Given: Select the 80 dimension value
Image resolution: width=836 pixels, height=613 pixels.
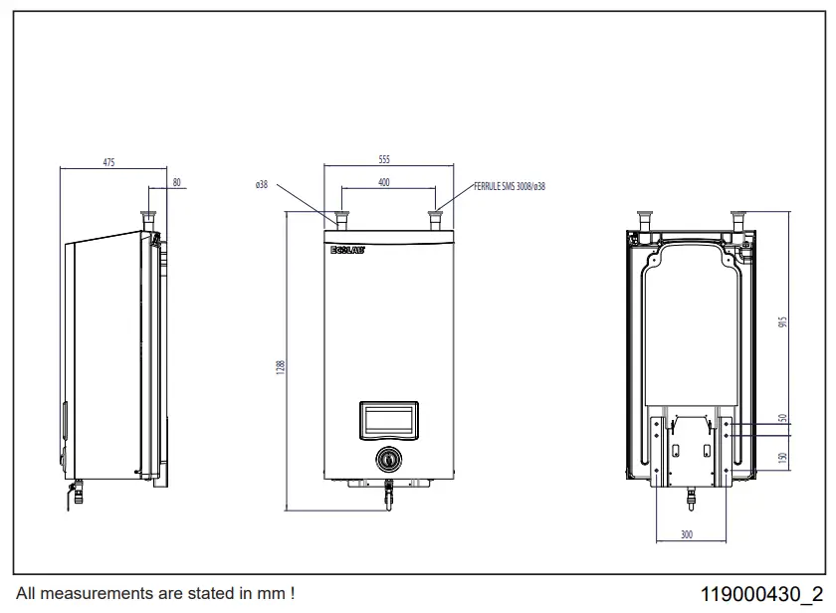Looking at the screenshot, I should [177, 182].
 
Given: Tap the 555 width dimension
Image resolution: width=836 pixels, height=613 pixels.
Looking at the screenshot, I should [384, 159].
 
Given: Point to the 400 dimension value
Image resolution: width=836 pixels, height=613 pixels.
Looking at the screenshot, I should [384, 182].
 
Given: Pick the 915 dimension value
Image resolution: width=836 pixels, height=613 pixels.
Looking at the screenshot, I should [782, 326].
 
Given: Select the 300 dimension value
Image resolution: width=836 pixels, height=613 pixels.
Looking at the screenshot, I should [686, 535].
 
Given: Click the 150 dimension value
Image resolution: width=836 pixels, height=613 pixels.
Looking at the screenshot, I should [782, 458].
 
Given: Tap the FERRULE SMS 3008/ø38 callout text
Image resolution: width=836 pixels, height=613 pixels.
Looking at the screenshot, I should [509, 186].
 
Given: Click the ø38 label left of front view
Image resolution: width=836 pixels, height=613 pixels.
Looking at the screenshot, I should [262, 184].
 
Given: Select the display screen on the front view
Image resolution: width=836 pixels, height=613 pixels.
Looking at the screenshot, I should [389, 419].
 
